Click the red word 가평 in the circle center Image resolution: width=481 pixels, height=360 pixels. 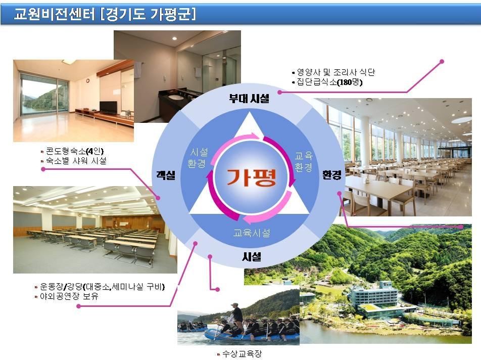(252, 177)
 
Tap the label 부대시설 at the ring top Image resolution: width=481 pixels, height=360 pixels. (249, 99)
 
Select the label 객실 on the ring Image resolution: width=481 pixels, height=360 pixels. (166, 175)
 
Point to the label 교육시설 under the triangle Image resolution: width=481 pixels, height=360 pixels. (252, 233)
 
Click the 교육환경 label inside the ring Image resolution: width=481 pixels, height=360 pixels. (303, 162)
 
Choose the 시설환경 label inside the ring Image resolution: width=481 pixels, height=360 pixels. (198, 158)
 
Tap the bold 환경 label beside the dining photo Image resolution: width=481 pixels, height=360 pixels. (331, 175)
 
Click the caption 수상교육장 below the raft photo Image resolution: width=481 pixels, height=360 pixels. (242, 354)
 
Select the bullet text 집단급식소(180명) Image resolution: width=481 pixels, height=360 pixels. (329, 82)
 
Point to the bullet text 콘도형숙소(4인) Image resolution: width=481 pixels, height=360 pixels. (75, 151)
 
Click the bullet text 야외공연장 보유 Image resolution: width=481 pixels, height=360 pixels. (69, 296)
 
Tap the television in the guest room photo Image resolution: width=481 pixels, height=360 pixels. (108, 107)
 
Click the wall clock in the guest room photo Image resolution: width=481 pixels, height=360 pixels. (88, 81)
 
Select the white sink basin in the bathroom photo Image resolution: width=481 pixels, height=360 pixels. (175, 97)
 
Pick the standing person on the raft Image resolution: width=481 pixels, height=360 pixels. (237, 316)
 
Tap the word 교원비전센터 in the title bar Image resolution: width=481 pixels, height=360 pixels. (55, 14)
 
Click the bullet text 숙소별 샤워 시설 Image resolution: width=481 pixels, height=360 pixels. (76, 160)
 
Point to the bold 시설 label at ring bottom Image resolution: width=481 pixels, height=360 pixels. (252, 256)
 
